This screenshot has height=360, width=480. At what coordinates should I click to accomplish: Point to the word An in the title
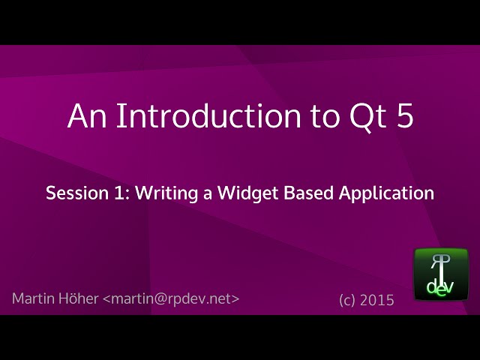click(x=85, y=116)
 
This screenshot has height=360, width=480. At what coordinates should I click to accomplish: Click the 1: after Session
click(x=120, y=193)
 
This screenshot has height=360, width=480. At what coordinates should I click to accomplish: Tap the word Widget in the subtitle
click(x=249, y=193)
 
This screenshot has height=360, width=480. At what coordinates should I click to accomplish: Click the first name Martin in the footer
click(x=33, y=298)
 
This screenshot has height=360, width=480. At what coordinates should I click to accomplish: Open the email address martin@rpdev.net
click(x=171, y=298)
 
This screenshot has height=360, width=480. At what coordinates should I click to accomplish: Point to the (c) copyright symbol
click(x=346, y=300)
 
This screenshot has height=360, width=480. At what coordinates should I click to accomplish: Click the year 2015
click(x=377, y=300)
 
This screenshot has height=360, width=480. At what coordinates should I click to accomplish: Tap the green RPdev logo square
click(x=441, y=274)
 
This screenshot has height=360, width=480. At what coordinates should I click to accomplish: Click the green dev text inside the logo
click(x=441, y=286)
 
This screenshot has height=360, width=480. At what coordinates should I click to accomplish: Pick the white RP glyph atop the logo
click(x=441, y=262)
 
